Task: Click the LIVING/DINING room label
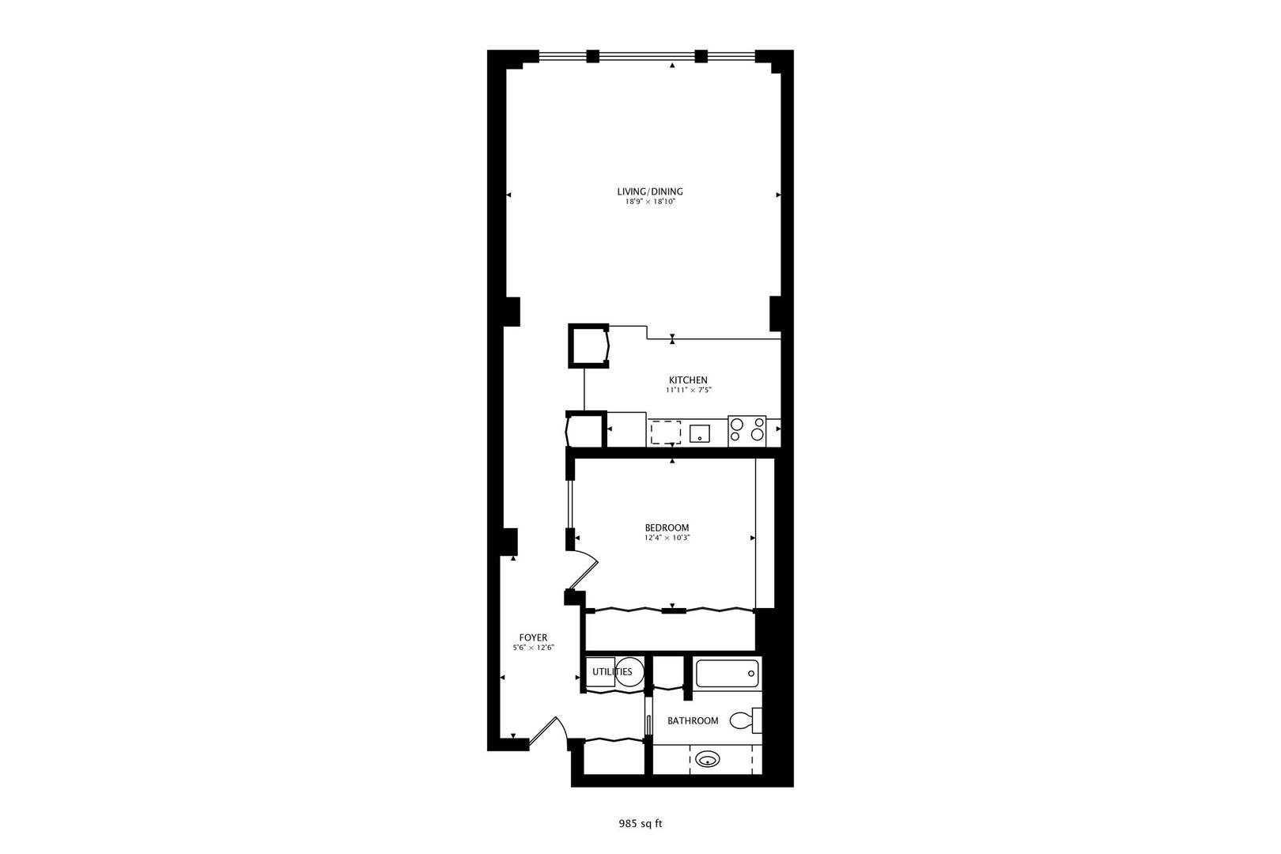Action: point(649,191)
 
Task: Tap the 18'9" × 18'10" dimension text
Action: point(649,202)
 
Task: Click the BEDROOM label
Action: point(667,527)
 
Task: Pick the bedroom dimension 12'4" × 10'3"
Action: point(667,538)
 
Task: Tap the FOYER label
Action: point(533,638)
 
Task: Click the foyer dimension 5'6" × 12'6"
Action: point(533,648)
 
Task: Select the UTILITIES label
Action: point(611,672)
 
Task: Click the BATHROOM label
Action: point(693,720)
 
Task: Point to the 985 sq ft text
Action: point(640,823)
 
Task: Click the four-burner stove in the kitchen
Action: point(746,429)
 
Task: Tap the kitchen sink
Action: point(700,433)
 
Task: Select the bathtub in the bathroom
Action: point(727,673)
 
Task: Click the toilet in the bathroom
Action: point(743,720)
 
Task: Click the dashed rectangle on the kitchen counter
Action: point(665,433)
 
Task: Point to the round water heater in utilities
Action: point(629,672)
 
